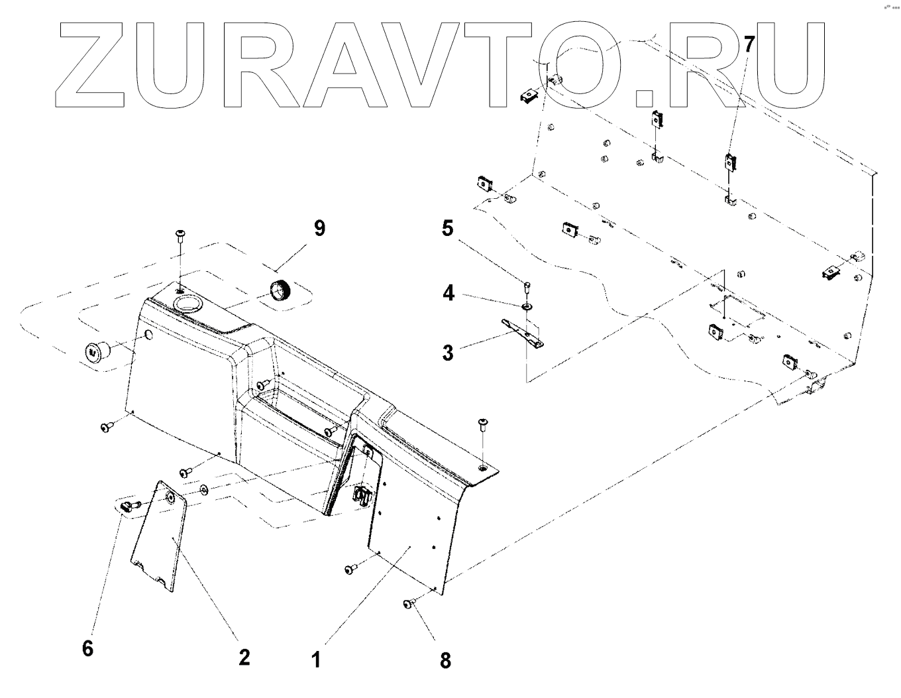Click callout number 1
click(x=317, y=660)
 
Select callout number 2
click(x=244, y=657)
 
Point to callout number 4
click(x=449, y=293)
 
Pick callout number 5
click(x=448, y=229)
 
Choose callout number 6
click(x=88, y=648)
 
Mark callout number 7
click(x=749, y=45)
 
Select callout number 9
click(x=319, y=229)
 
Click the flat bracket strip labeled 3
click(x=523, y=331)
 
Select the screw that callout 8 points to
click(x=409, y=603)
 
